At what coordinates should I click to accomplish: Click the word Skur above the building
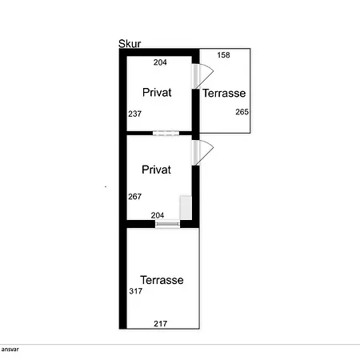coord(130,44)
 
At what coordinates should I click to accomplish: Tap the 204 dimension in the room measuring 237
coord(160,62)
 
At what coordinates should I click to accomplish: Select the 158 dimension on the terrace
coord(223,55)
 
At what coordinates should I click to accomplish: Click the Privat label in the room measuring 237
coord(157,93)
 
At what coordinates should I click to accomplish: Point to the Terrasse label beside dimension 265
coord(224,94)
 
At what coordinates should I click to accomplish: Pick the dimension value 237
coord(134,114)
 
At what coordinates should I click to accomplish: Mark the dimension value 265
coord(242,112)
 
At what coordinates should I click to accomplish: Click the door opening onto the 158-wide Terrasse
coord(202,76)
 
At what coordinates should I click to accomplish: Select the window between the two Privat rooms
coord(166,133)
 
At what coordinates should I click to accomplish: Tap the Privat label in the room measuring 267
coord(156,170)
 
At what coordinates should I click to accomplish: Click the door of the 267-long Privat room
coord(202,153)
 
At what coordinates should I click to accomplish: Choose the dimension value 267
coord(134,197)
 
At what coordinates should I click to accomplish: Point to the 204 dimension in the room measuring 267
coord(158,215)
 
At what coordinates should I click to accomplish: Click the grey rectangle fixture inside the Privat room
coord(186,208)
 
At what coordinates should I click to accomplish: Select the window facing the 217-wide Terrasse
coord(168,224)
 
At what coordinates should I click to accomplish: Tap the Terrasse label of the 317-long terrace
coord(162,280)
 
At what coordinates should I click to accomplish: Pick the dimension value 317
coord(136,291)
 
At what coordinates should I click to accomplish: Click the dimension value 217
coord(161,324)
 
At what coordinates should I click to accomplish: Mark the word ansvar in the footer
coord(10,350)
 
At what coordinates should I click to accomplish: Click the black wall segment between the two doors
coord(196,114)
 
